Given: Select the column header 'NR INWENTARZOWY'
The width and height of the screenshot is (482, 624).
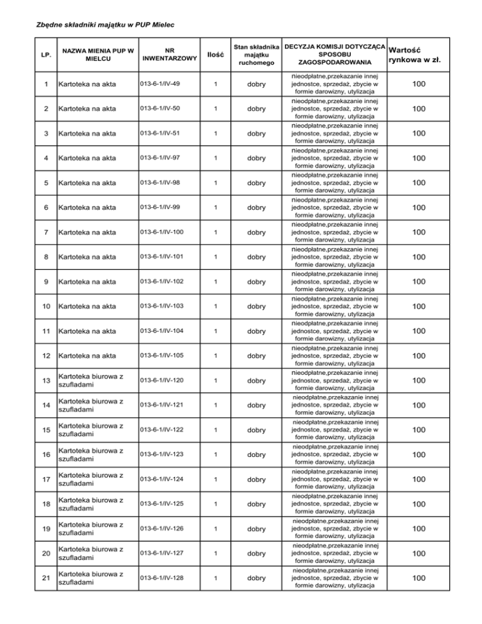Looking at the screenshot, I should click(x=165, y=55).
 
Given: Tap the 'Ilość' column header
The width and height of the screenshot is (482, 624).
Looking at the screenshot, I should click(x=216, y=55).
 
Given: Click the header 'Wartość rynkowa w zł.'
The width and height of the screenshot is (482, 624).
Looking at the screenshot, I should click(x=414, y=55).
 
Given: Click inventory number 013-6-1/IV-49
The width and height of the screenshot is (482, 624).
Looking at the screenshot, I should click(x=159, y=83).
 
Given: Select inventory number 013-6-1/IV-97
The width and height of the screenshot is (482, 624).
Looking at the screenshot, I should click(x=159, y=158).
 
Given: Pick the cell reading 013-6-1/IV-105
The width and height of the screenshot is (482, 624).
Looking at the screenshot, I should click(x=161, y=356).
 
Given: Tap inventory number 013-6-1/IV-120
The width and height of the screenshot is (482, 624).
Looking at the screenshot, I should click(x=161, y=380).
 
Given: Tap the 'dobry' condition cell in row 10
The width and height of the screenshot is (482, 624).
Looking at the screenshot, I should click(x=258, y=306).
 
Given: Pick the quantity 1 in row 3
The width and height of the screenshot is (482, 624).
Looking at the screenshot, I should click(x=215, y=133).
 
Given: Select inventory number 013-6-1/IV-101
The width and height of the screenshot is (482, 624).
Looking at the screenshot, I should click(x=161, y=257).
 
